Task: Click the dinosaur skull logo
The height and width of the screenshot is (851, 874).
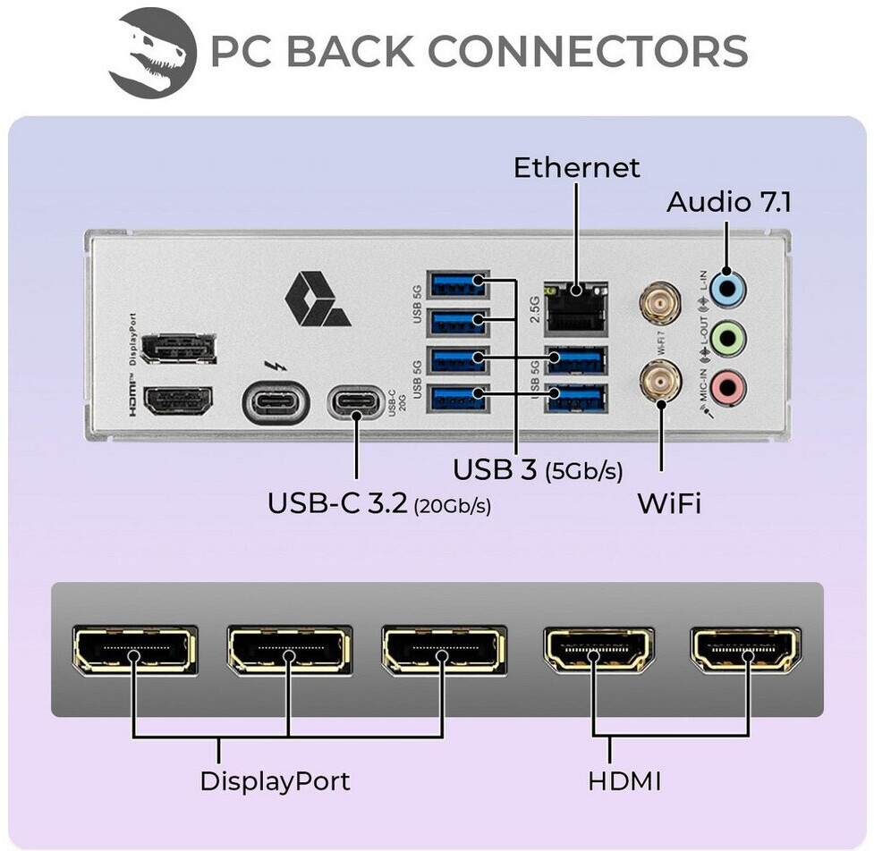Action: pyautogui.click(x=152, y=53)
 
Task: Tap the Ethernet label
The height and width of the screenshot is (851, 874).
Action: pyautogui.click(x=576, y=167)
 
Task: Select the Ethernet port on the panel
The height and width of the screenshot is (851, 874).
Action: pyautogui.click(x=576, y=303)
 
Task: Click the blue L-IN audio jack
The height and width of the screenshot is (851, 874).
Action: pyautogui.click(x=728, y=287)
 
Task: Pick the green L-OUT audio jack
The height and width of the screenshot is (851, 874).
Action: pyautogui.click(x=728, y=338)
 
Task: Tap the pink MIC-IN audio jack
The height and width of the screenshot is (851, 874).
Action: pyautogui.click(x=728, y=387)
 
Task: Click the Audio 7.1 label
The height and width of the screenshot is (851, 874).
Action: pyautogui.click(x=728, y=203)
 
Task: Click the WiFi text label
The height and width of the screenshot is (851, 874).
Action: pyautogui.click(x=668, y=503)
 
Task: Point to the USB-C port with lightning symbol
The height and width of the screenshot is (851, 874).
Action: pyautogui.click(x=276, y=402)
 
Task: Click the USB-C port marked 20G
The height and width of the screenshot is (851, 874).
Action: pyautogui.click(x=356, y=402)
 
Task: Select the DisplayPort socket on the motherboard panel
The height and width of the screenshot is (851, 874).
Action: pyautogui.click(x=178, y=350)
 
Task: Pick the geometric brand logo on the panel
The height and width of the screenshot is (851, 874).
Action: pyautogui.click(x=317, y=300)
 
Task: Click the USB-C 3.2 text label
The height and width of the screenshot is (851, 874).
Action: pyautogui.click(x=338, y=503)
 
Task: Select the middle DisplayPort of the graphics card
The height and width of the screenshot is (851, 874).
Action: pyautogui.click(x=289, y=650)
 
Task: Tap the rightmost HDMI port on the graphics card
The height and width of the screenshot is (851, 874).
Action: pyautogui.click(x=745, y=650)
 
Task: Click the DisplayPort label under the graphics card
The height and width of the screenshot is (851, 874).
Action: pyautogui.click(x=275, y=781)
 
